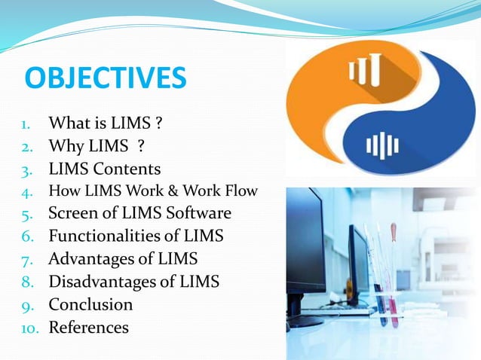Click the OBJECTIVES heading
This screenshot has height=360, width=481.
pos(105,78)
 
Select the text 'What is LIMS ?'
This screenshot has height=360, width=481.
pos(105,121)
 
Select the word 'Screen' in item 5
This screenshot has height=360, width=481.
pos(75,212)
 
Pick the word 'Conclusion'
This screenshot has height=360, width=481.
pos(90,304)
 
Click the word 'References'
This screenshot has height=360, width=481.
pos(88,328)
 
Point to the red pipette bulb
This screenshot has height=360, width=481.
pos(394,230)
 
